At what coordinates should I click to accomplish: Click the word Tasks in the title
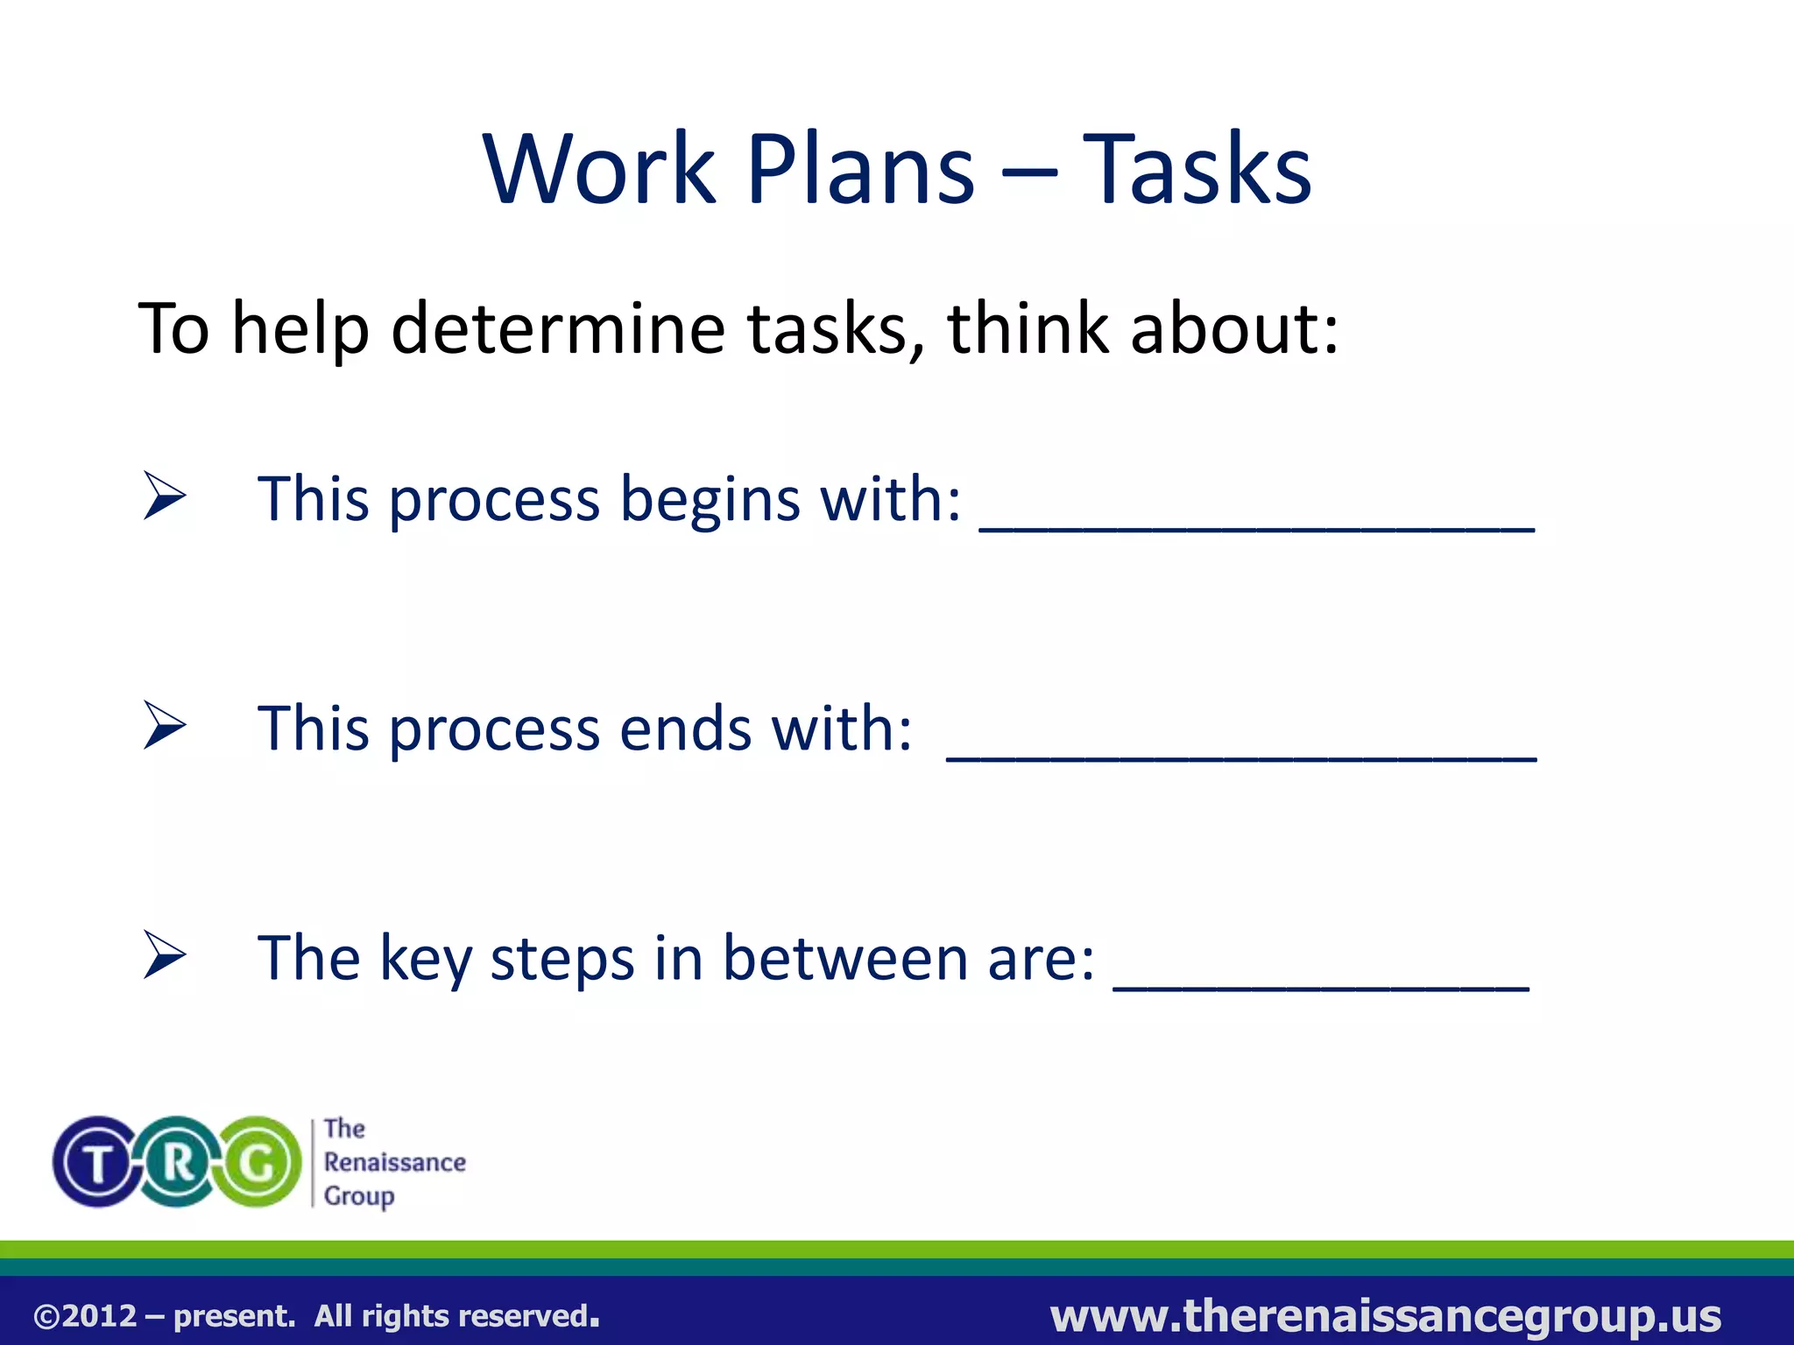1197,169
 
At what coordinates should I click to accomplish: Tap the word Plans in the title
860,169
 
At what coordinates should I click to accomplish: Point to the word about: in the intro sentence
1233,329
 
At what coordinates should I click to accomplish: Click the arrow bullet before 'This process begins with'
165,496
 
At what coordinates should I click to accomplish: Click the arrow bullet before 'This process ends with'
165,726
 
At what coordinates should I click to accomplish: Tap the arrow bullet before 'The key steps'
165,955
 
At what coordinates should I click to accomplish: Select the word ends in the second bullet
685,729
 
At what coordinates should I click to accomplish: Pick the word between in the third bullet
846,958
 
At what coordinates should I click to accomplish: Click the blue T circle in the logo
98,1162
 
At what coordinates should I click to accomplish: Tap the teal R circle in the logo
178,1162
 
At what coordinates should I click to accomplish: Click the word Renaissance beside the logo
394,1162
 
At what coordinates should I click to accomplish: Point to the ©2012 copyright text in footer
85,1316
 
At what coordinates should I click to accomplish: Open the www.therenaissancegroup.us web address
1385,1316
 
